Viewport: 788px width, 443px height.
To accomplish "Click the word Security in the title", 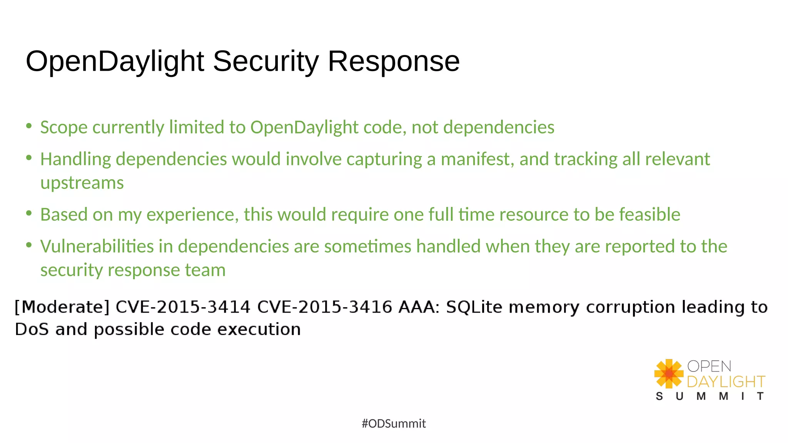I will [x=265, y=62].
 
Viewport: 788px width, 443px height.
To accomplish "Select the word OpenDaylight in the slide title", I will [x=115, y=62].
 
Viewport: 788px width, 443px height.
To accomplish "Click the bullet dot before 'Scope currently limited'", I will [x=29, y=126].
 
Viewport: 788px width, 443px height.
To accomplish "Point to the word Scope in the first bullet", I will [x=64, y=128].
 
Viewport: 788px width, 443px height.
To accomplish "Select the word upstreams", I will [x=82, y=183].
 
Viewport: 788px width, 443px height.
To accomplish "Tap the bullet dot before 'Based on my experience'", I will [x=29, y=213].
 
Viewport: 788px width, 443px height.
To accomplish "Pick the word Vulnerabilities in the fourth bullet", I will [x=97, y=246].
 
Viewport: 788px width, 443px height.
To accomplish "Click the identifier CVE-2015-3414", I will [x=183, y=307].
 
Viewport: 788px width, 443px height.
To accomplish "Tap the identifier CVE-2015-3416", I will [x=324, y=307].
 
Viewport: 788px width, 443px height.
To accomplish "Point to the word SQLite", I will [x=474, y=307].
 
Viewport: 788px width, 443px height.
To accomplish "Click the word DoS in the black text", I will [x=32, y=330].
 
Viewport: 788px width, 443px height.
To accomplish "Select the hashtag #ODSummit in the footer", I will [x=394, y=424].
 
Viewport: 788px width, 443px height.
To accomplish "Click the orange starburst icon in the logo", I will [x=669, y=373].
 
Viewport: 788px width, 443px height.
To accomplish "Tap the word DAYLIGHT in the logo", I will [x=726, y=382].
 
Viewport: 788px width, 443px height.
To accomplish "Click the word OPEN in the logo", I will [x=709, y=366].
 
